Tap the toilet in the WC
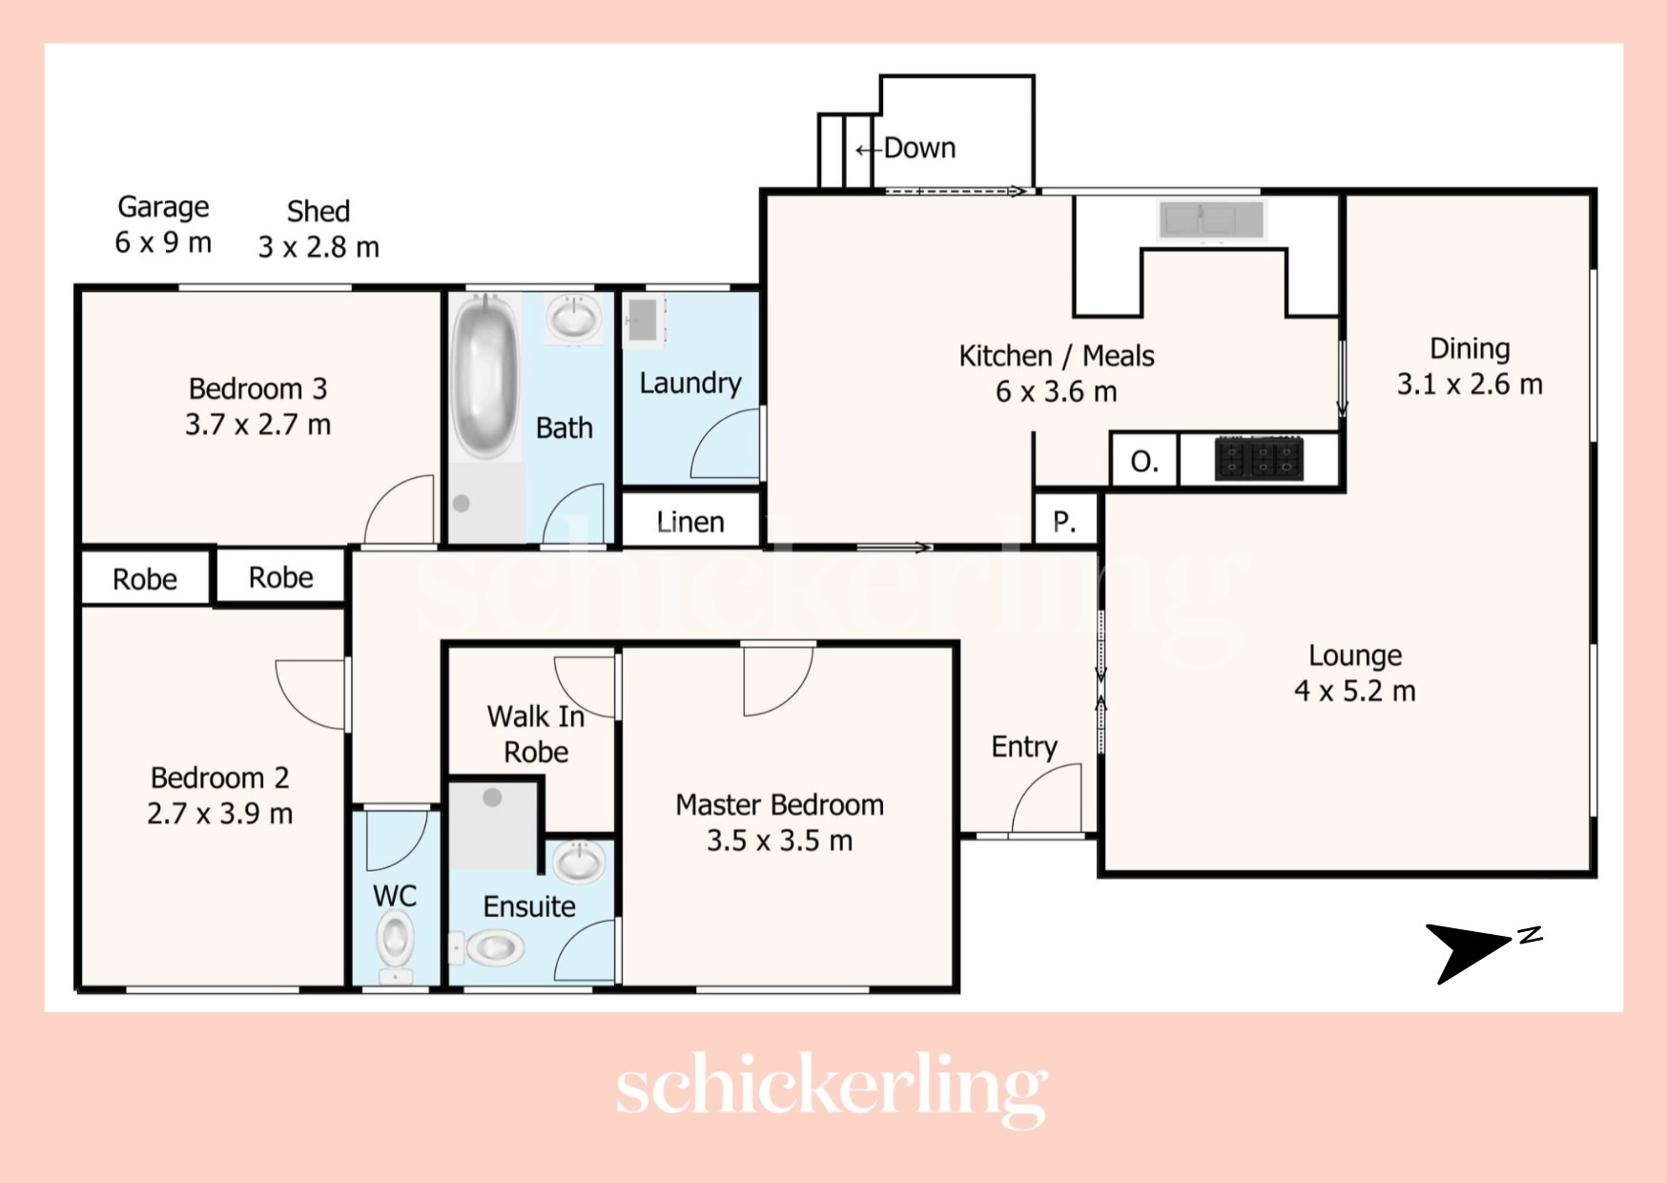(x=394, y=945)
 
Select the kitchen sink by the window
(x=1211, y=220)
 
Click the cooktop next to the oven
(x=1259, y=458)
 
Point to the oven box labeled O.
(x=1144, y=461)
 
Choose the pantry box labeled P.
(x=1065, y=521)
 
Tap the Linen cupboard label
(x=690, y=522)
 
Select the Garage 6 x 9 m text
(x=163, y=224)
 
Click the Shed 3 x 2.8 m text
(x=319, y=229)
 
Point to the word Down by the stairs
(x=919, y=148)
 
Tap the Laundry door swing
(x=725, y=444)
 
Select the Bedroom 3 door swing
(x=400, y=509)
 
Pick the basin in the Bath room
(x=572, y=317)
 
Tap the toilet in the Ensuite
(x=487, y=948)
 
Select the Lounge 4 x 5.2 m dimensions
(x=1354, y=691)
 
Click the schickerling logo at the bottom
(x=832, y=1088)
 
